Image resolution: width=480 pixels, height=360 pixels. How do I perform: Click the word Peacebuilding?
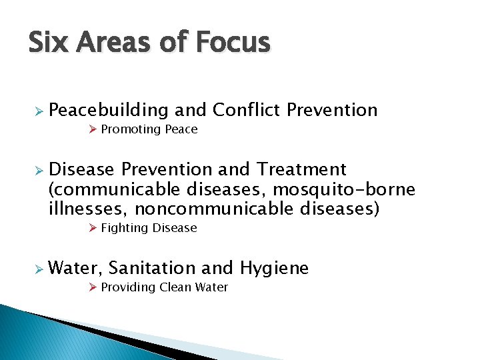[109, 110]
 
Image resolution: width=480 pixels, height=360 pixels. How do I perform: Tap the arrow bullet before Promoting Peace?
[93, 129]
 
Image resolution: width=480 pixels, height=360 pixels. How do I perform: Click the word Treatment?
[302, 170]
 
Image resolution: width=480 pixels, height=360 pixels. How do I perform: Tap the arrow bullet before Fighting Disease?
[93, 228]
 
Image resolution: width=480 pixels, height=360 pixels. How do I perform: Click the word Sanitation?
[152, 268]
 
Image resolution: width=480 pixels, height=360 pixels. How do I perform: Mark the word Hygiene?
[274, 268]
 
